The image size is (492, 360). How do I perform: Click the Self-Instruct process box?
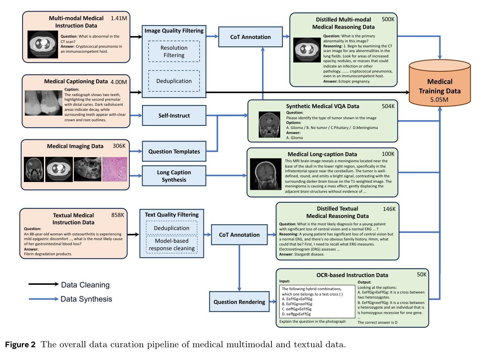tap(174, 116)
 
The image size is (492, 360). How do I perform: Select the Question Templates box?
tap(174, 151)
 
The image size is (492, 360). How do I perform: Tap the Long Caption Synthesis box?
tap(174, 176)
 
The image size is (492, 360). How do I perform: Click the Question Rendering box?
tap(239, 302)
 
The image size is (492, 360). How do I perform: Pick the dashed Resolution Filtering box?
tap(174, 51)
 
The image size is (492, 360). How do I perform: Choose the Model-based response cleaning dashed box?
tap(172, 244)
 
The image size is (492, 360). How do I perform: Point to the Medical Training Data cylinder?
tap(440, 83)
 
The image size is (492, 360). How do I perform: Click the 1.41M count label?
tap(119, 18)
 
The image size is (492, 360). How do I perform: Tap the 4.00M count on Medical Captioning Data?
tap(119, 82)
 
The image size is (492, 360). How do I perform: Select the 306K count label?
tap(119, 146)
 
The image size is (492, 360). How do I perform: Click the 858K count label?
tap(117, 215)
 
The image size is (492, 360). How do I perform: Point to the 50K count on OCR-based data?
tap(422, 274)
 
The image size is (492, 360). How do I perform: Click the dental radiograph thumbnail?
tap(44, 103)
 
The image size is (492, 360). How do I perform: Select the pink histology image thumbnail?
tap(115, 169)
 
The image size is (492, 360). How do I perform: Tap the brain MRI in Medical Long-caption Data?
tap(266, 174)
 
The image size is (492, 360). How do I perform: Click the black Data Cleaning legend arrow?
tap(44, 284)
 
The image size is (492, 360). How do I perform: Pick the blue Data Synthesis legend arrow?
tap(44, 299)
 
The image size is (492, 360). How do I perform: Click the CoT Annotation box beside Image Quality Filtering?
tap(250, 37)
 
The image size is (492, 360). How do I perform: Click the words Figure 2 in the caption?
tap(20, 345)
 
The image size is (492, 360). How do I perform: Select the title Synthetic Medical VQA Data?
tap(323, 106)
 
